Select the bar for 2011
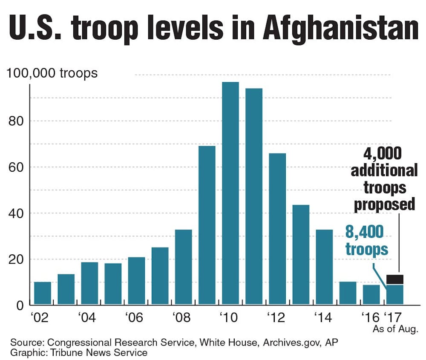click(x=254, y=196)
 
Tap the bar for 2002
click(x=43, y=293)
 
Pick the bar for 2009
click(x=207, y=225)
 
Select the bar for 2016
click(x=371, y=295)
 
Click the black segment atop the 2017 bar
click(x=395, y=279)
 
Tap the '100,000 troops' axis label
click(x=52, y=73)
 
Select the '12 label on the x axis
click(x=277, y=317)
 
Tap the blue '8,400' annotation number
click(x=364, y=233)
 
